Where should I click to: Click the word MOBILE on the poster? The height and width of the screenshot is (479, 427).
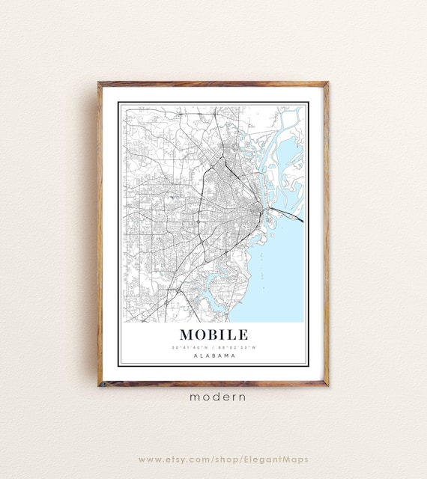point(213,334)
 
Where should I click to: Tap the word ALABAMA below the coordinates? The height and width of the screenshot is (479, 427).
point(213,356)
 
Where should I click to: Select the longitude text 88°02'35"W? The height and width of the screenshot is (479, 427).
point(238,347)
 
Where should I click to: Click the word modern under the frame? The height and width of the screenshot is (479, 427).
point(217,397)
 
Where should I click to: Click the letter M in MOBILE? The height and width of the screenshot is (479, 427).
point(187,334)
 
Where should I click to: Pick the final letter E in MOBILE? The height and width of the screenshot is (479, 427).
point(243,334)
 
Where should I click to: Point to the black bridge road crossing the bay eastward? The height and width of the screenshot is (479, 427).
point(288,214)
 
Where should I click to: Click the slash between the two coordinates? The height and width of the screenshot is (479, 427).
point(214,347)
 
